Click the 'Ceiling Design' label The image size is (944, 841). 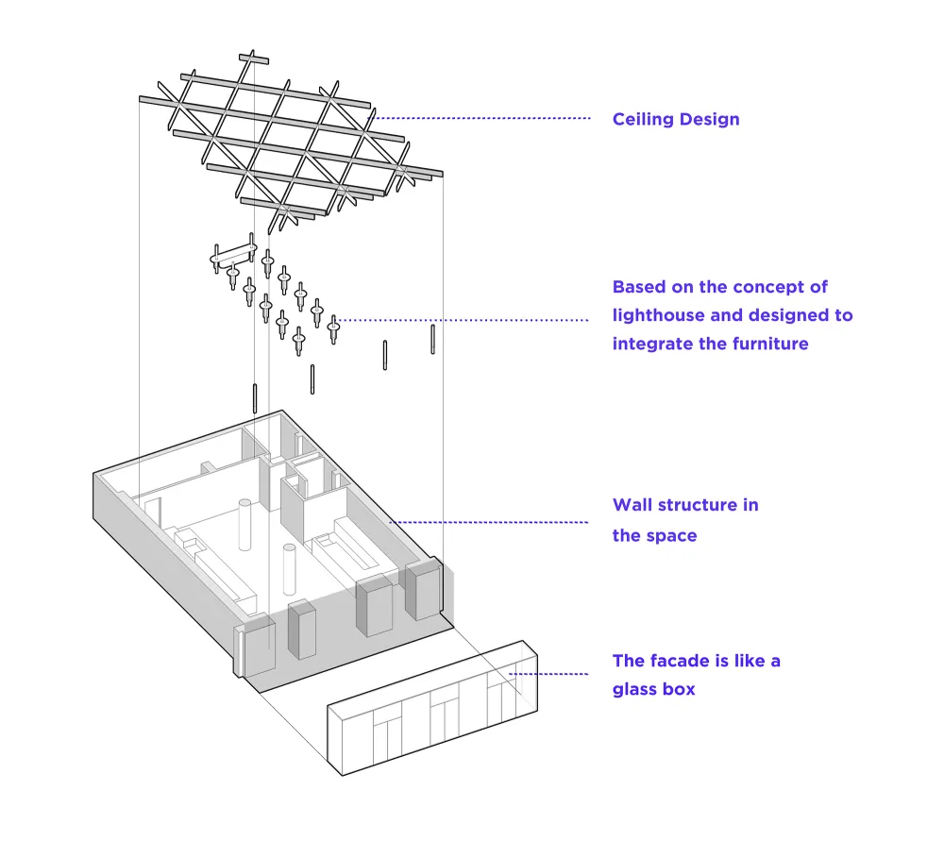click(x=676, y=119)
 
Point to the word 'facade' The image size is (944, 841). click(x=683, y=661)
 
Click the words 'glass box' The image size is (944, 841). click(x=653, y=689)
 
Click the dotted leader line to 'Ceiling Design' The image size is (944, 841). click(x=481, y=118)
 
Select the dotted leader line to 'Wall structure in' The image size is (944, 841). click(x=491, y=521)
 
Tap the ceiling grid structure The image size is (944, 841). click(x=293, y=142)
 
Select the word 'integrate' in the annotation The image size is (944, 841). click(x=649, y=344)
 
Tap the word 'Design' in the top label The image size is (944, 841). click(x=709, y=119)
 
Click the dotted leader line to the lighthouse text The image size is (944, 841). click(x=463, y=320)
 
